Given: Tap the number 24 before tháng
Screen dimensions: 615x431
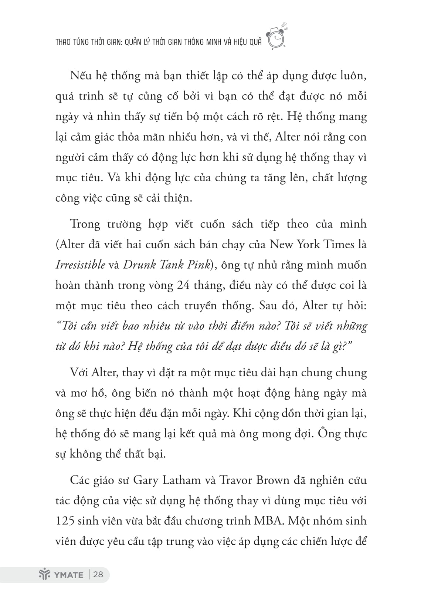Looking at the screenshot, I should (185, 285).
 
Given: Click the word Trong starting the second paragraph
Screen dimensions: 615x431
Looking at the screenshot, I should (85, 224).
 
